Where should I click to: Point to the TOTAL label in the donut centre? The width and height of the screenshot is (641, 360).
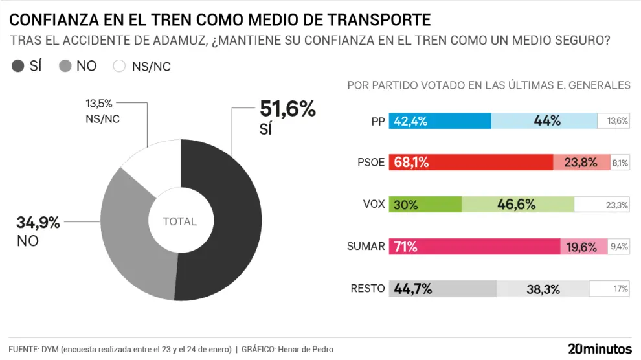coord(179,221)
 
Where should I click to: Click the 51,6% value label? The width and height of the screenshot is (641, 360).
coord(287,109)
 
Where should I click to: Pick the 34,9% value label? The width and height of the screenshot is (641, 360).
coord(38,223)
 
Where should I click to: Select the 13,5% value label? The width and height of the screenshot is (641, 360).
coord(100,104)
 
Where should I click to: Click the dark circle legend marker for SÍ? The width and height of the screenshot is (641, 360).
coord(18,65)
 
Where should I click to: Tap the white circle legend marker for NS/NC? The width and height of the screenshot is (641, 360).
coord(119,65)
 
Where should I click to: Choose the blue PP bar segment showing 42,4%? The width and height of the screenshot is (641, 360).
coord(440,121)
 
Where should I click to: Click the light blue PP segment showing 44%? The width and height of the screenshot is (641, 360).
coord(544,121)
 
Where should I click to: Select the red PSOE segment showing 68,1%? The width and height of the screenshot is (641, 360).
coord(471,163)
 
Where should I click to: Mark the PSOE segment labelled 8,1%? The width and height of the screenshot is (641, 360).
coord(620,163)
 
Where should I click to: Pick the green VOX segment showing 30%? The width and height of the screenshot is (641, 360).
coord(425,205)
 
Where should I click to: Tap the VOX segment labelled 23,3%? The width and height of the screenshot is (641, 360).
coord(602,205)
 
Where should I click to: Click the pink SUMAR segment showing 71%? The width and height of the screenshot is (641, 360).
coord(475,247)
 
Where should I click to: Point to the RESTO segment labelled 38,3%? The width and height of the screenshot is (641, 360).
coord(542,289)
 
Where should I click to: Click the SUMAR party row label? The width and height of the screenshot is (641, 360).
coord(366,247)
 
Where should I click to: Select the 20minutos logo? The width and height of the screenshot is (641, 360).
coord(600,348)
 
